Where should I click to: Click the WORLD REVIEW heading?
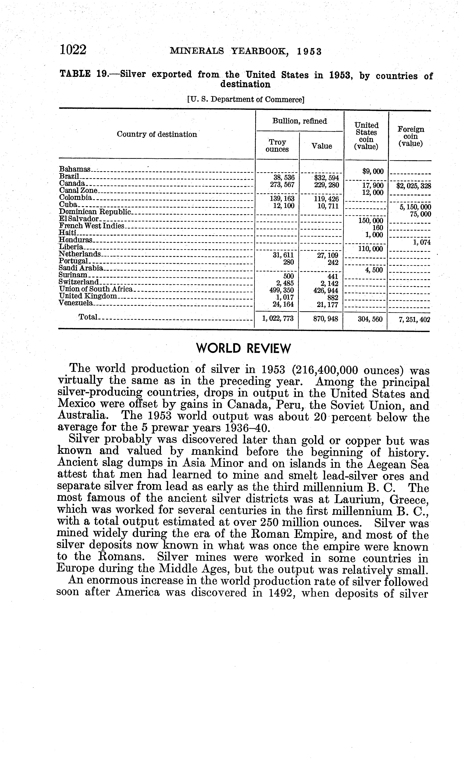243,348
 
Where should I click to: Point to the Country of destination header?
157,134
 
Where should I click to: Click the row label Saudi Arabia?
81,268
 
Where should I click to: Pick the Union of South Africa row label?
96,289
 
